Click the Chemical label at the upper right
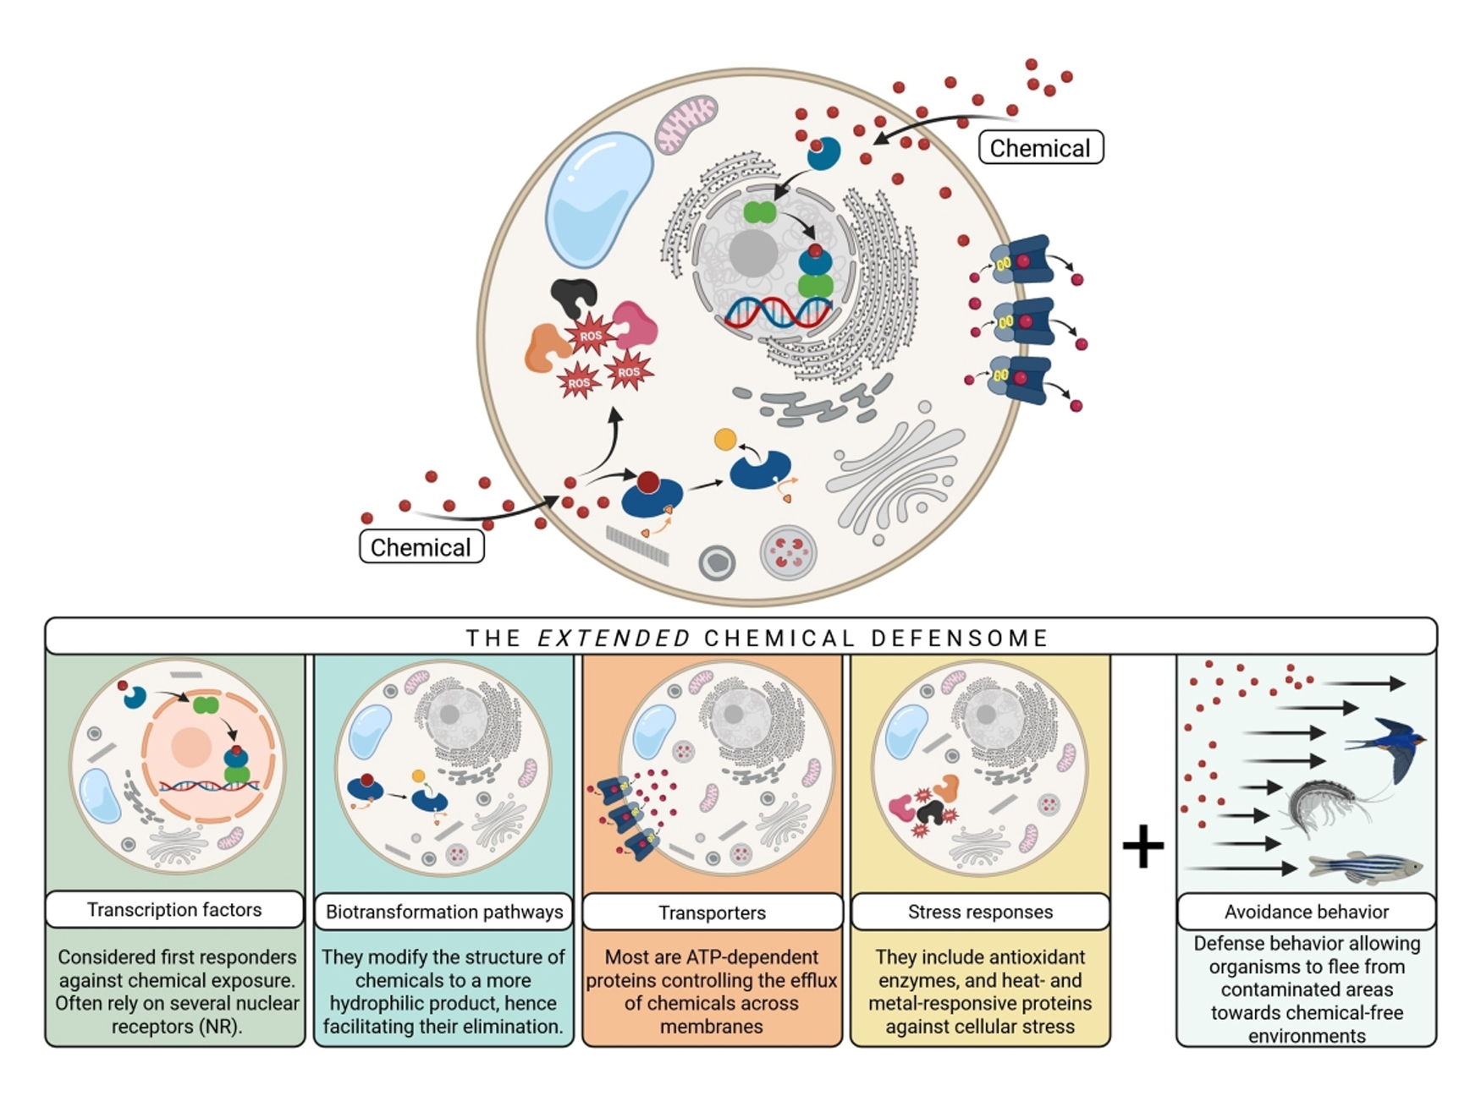tap(1040, 148)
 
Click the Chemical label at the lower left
tap(421, 547)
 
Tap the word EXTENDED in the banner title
tap(614, 638)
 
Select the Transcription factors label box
tap(174, 910)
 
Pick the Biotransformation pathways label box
tap(443, 912)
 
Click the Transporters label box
tap(712, 912)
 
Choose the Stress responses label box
tap(980, 912)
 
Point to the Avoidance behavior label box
tap(1306, 912)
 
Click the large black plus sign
tap(1143, 846)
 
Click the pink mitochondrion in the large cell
tap(686, 124)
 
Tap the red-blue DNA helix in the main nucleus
tap(777, 313)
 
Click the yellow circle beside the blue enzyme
tap(725, 439)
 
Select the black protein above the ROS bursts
tap(574, 296)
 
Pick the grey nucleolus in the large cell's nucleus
tap(752, 253)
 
